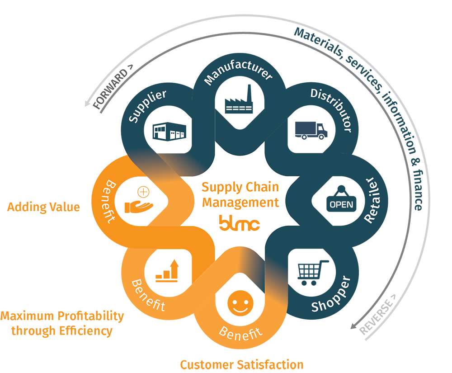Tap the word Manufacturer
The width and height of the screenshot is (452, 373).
pos(238,76)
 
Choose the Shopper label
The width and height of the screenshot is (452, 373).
pos(331,293)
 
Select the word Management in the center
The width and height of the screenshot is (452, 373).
pos(240,202)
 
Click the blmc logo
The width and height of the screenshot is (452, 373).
pos(239,222)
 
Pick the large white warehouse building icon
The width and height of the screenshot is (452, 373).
pos(160,132)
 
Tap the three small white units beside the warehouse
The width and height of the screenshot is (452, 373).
pos(178,135)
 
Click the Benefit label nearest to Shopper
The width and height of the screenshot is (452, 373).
pos(240,333)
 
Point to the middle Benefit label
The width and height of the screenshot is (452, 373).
pos(148,295)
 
